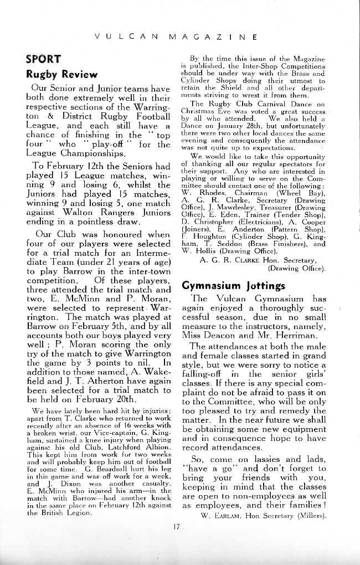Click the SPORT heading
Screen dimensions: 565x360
(x=43, y=59)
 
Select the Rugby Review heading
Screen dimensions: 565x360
(x=61, y=74)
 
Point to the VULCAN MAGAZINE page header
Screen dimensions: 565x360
(x=175, y=38)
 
